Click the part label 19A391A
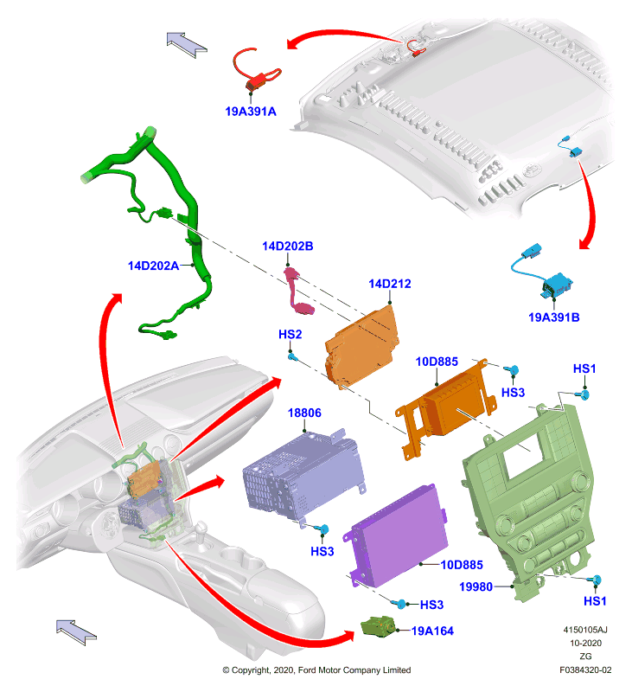(251, 112)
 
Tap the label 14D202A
(154, 266)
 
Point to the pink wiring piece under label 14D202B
(297, 292)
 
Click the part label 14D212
(390, 284)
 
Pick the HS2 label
(290, 335)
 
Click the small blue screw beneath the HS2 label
(292, 356)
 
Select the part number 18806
(304, 413)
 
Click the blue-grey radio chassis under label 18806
(304, 477)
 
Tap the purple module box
(396, 535)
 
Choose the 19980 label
(476, 587)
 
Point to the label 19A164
(432, 631)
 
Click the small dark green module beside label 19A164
(378, 626)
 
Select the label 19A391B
(554, 317)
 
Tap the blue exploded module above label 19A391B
(543, 272)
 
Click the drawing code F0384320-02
(585, 670)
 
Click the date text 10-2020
(585, 643)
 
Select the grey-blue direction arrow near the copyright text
(76, 632)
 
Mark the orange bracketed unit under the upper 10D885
(445, 408)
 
